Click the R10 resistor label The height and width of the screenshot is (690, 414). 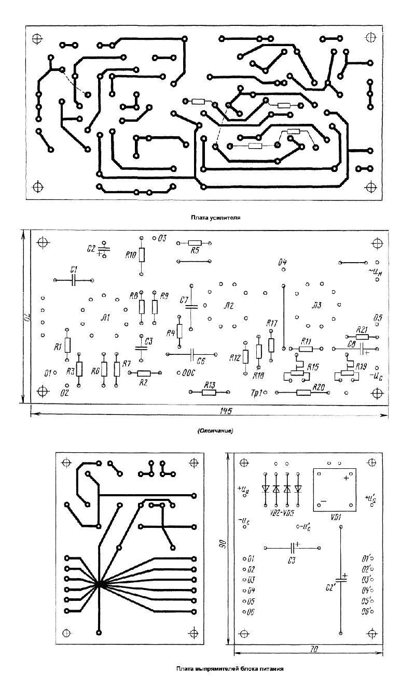point(131,254)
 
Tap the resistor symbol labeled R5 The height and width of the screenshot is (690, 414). point(195,242)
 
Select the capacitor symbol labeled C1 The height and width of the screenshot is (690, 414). point(74,280)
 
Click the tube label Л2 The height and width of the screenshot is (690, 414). point(229,305)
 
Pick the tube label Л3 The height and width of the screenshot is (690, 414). point(316,305)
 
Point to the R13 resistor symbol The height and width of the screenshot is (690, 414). point(209,393)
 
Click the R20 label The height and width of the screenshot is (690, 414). point(319,386)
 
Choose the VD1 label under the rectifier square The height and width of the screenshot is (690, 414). point(336,517)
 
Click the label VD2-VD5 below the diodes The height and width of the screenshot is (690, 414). point(282,513)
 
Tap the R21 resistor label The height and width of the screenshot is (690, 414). point(362,329)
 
